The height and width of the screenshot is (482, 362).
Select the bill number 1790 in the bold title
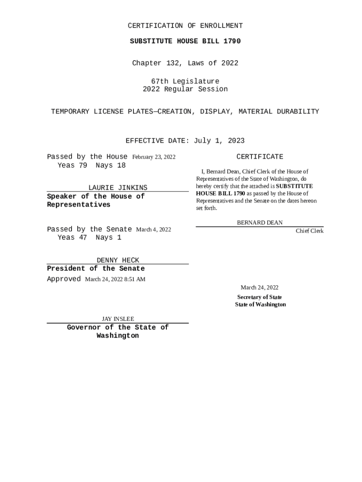231,41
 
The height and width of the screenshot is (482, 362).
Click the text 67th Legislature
185,81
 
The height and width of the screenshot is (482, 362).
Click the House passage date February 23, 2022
154,157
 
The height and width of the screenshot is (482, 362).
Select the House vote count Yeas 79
72,165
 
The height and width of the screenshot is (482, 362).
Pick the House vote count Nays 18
110,165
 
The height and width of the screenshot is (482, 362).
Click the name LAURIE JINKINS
118,188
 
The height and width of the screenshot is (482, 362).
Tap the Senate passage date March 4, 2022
153,230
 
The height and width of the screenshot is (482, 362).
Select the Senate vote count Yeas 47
72,238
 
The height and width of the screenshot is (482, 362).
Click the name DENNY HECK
118,260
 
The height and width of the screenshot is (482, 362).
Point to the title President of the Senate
96,269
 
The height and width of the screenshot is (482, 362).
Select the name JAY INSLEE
118,319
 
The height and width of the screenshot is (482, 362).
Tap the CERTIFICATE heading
260,157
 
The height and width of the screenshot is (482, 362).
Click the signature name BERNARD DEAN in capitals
260,223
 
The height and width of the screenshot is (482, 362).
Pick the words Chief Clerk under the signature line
309,231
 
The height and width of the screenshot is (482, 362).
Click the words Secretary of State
260,297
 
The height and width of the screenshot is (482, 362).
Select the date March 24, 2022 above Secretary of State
260,288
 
